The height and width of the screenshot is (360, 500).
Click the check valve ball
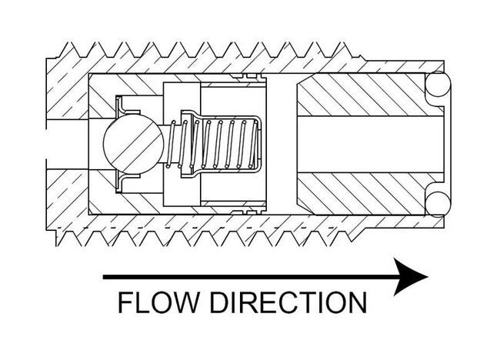[133, 143]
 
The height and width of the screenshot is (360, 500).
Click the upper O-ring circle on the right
[438, 85]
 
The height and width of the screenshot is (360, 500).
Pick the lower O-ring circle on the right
[438, 202]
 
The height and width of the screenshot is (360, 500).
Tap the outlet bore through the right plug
[369, 143]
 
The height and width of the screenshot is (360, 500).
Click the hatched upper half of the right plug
[362, 95]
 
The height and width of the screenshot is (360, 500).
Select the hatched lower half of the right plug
[362, 192]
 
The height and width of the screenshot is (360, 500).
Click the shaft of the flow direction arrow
[246, 276]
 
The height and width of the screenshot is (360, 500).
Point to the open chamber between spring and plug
[282, 143]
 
